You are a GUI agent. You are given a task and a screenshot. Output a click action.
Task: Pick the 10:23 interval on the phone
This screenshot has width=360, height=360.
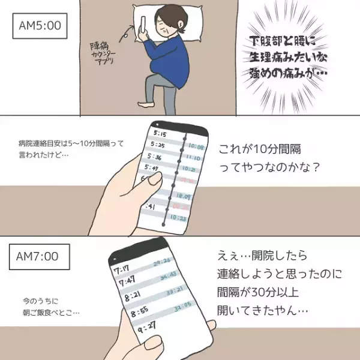(x=178, y=220)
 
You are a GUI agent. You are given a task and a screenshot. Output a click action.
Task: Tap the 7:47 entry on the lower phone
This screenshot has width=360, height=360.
(x=127, y=281)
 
